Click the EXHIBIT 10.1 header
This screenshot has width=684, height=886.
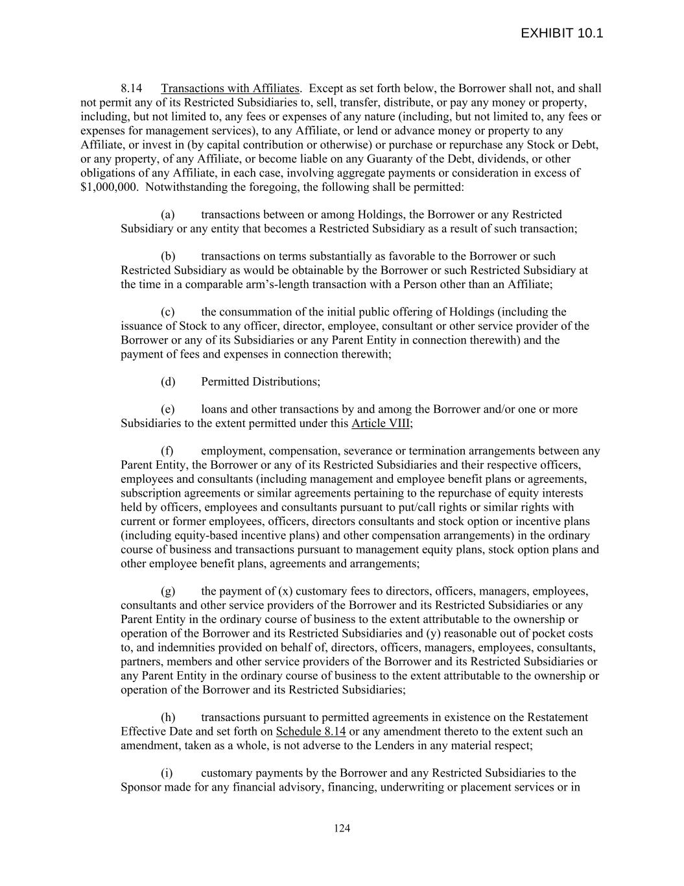pos(561,33)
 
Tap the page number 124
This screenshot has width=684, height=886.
pos(342,828)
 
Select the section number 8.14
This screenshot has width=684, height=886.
pos(132,88)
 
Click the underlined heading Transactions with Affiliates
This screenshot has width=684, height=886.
pos(230,88)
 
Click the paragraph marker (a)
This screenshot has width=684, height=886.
pos(168,214)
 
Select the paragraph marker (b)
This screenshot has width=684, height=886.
pos(168,256)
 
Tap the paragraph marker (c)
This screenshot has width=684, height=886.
pos(168,312)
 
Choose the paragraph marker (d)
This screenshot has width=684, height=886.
pos(168,381)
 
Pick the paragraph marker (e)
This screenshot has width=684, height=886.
pos(168,409)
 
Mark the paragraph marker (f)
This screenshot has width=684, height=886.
pos(167,450)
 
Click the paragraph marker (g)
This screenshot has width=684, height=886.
pos(168,591)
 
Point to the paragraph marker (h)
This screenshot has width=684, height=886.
pos(168,717)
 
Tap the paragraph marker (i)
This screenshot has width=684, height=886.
pos(167,773)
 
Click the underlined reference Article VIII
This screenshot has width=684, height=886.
pos(381,423)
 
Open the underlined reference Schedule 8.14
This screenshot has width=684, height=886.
pos(311,732)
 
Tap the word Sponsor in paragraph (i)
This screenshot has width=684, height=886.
pos(141,787)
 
